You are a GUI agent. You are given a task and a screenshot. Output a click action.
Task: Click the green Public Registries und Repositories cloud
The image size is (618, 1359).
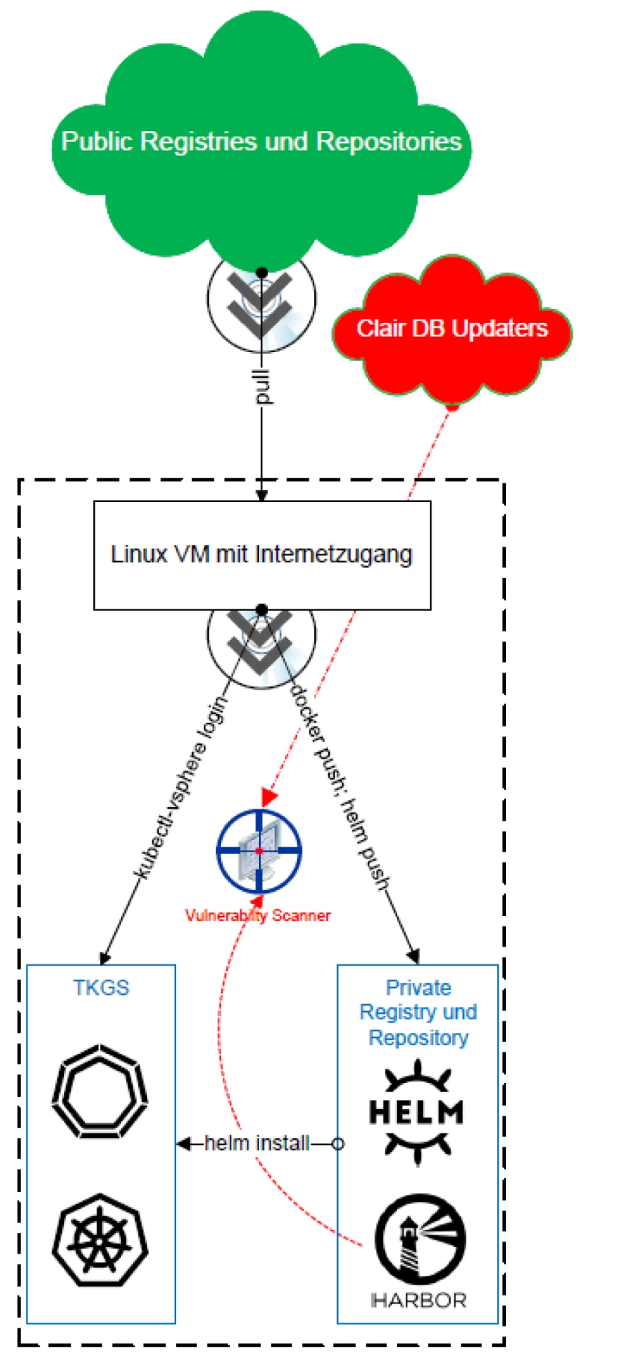[x=261, y=141]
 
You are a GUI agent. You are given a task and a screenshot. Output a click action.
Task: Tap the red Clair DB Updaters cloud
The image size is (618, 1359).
[x=452, y=328]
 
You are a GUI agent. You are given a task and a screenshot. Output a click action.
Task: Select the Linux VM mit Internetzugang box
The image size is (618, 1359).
[x=262, y=554]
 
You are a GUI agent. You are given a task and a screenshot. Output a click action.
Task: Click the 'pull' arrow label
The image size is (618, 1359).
[x=262, y=387]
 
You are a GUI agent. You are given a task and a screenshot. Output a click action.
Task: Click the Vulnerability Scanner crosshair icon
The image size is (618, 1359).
[x=259, y=851]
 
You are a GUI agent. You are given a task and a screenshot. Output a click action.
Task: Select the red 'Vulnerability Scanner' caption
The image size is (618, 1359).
[x=258, y=915]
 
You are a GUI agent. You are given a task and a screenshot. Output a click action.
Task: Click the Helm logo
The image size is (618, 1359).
[x=417, y=1112]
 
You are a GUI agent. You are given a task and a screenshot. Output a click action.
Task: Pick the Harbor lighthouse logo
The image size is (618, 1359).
[x=420, y=1239]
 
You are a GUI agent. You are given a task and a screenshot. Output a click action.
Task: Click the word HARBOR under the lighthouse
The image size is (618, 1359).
[x=419, y=1301]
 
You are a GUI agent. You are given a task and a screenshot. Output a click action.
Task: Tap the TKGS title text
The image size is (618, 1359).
[x=101, y=987]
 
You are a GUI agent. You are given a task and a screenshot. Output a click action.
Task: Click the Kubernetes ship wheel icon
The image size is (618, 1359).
[x=101, y=1240]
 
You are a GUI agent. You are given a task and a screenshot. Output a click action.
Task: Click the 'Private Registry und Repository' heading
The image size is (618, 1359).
[x=418, y=1012]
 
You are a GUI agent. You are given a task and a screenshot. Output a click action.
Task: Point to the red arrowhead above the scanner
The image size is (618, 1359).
[x=270, y=796]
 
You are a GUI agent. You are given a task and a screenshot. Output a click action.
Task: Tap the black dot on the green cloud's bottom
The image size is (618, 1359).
[x=262, y=272]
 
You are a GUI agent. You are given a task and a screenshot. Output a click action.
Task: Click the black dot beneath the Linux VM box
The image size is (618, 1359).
[x=262, y=610]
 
